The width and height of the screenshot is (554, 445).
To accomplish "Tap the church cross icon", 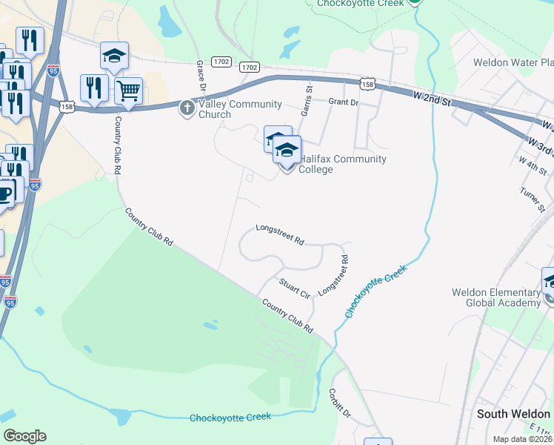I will (x=187, y=109).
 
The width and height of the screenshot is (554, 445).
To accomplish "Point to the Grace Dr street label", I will (x=201, y=76).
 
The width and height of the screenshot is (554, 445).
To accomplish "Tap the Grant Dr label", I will (x=343, y=102).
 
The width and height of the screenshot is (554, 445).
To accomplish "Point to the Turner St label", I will (x=532, y=197).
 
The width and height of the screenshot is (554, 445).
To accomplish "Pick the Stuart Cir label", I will (x=294, y=289).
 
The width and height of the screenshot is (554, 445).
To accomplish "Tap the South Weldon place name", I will (x=513, y=414).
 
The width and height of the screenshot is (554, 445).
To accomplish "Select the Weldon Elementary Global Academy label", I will (x=496, y=297).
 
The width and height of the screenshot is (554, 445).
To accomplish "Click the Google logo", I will (x=24, y=436).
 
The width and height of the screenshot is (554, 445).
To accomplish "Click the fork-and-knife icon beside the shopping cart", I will (x=94, y=87).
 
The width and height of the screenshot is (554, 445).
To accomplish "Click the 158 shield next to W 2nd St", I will (x=367, y=85).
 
